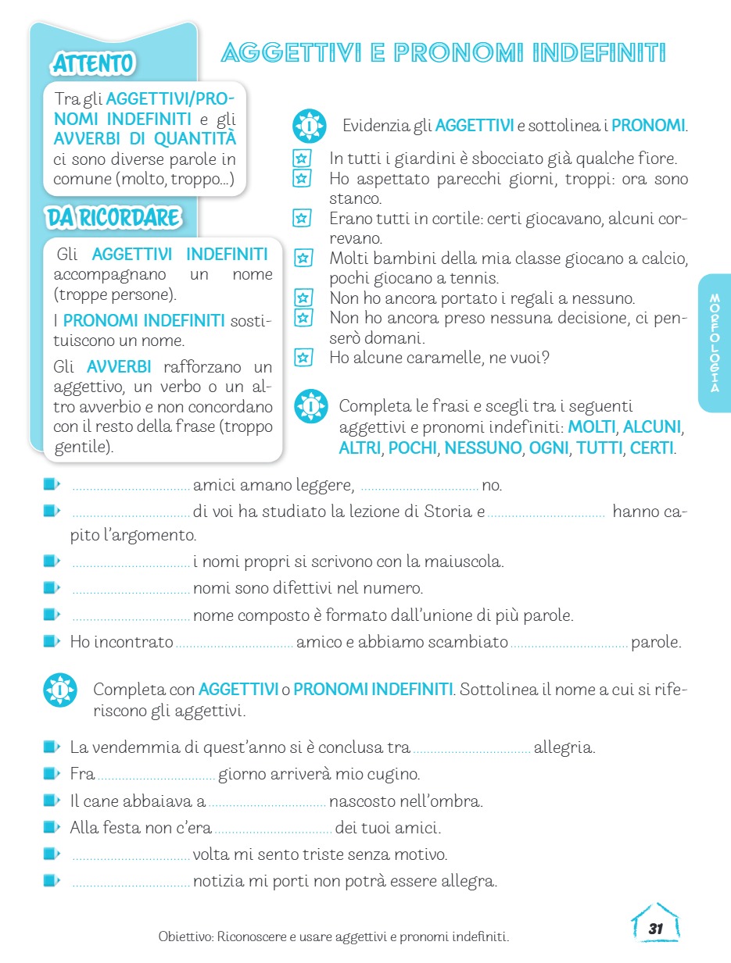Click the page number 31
[x=655, y=929]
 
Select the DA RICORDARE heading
[x=114, y=218]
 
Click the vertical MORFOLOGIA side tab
[x=715, y=343]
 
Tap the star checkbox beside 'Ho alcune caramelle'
[x=303, y=358]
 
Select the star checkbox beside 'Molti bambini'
[x=303, y=258]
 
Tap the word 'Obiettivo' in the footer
[x=185, y=936]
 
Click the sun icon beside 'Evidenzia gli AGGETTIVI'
[x=310, y=125]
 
